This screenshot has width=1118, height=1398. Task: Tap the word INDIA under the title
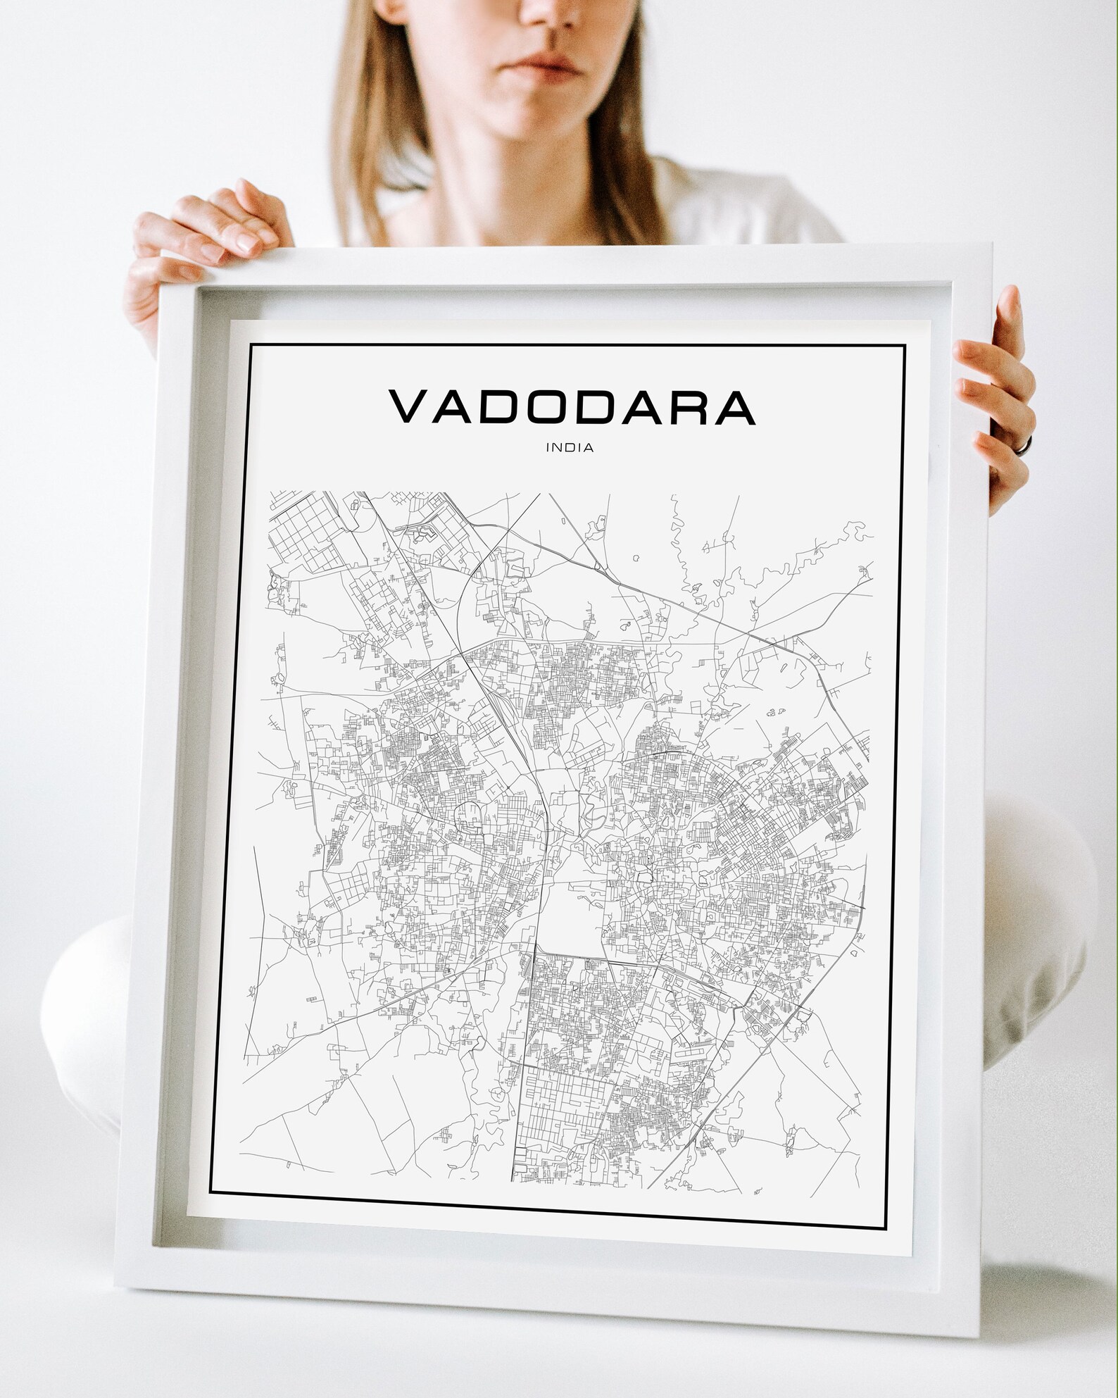click(568, 447)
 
